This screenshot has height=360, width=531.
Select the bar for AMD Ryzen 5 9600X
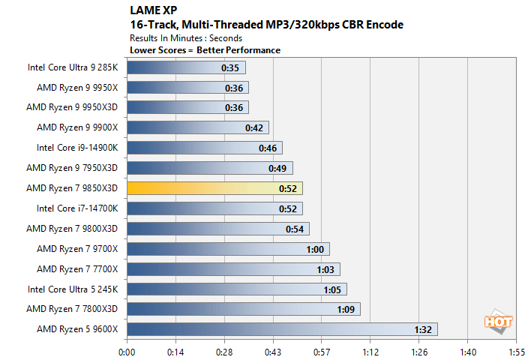tap(281, 329)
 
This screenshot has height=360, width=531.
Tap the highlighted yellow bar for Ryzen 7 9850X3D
tap(214, 188)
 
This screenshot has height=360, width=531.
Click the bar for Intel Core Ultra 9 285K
tap(186, 67)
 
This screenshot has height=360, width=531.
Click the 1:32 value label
tap(422, 329)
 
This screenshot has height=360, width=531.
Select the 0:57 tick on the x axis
tap(321, 351)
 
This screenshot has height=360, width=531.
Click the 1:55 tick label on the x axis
tap(516, 351)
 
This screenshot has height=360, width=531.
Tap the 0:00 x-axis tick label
tap(127, 351)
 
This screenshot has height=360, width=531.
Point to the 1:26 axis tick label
tap(418, 351)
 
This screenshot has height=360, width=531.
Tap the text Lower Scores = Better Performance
tap(205, 50)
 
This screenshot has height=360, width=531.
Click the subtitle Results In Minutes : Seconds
tap(186, 38)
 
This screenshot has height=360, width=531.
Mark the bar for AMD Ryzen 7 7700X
tap(233, 268)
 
